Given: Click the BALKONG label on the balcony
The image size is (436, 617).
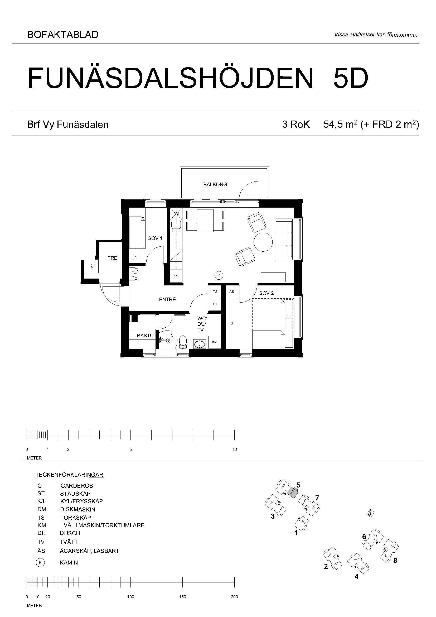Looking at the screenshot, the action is point(215,184).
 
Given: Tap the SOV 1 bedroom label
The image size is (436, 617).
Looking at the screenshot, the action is point(155,238).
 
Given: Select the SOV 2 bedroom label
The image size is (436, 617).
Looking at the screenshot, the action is point(266,293).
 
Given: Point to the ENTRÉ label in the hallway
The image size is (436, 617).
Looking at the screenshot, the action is point(168,299).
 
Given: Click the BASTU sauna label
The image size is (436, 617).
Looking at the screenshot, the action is point(145,336).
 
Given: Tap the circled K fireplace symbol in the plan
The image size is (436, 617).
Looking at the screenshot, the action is point(219,275).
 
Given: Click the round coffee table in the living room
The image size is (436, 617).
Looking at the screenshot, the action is point(263,242).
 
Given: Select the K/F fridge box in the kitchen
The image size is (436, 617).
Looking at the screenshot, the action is point(176,276).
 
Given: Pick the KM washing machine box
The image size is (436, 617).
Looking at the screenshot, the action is point(215,342).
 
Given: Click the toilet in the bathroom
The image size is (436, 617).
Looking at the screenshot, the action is point(183,342).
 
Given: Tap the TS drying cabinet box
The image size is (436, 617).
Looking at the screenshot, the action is point(215,291).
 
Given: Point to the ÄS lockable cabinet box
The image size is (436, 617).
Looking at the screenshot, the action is point(231,291).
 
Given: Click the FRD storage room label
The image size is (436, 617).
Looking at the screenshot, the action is point(113,258).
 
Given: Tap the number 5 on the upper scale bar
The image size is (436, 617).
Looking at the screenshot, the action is point(131,449).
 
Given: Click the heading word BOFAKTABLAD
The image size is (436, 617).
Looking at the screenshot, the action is point(63,35).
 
